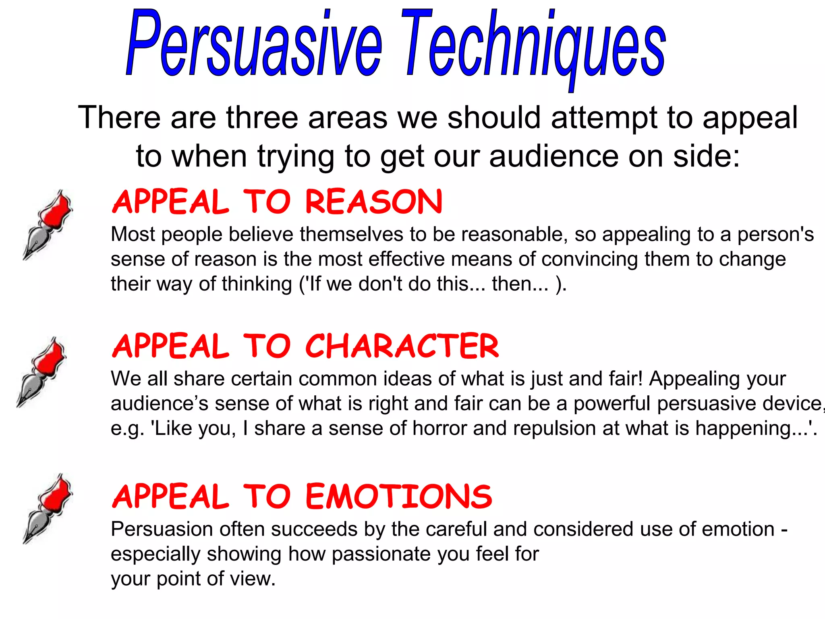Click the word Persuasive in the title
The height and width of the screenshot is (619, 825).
click(x=254, y=44)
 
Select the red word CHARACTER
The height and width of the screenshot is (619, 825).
click(x=402, y=346)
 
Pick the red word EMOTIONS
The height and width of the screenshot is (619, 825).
click(x=399, y=496)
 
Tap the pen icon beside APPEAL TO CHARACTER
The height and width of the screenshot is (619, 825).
click(x=41, y=372)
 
